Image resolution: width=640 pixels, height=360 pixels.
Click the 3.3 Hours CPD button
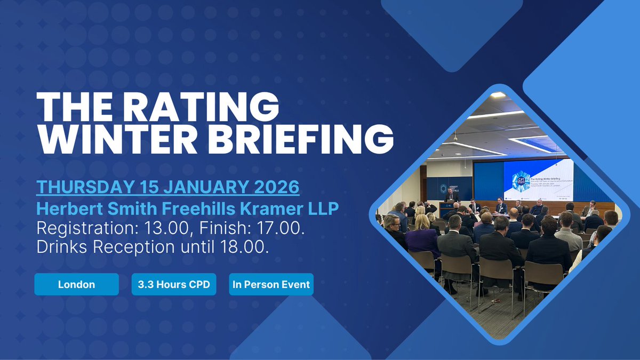coord(174,284)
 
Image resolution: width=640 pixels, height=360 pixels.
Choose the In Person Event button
coord(271,284)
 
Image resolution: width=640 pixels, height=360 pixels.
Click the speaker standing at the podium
coord(452,196)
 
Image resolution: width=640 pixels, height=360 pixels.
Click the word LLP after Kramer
coord(324,209)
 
